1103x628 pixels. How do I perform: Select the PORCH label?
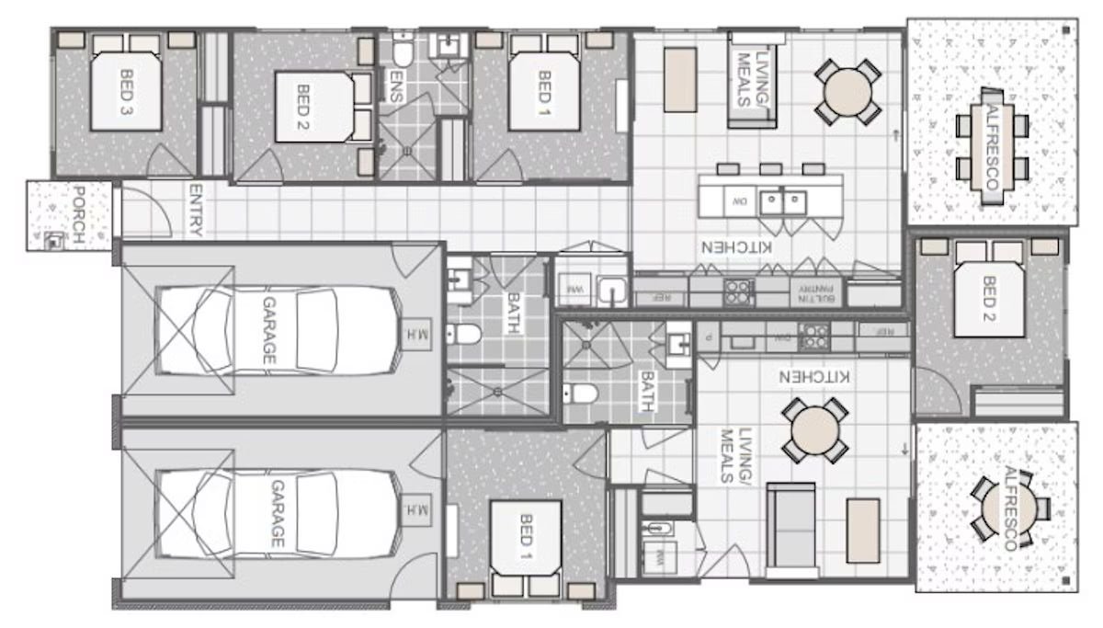tap(78, 215)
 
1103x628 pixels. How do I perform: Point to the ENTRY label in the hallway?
tap(195, 211)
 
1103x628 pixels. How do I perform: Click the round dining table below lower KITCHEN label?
tap(814, 429)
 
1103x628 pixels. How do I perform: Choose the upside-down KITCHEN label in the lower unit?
tap(814, 377)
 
